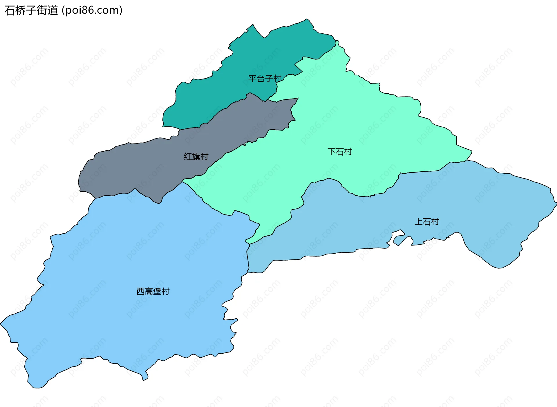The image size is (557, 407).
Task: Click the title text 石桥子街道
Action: [31, 10]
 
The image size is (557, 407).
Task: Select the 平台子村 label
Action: [265, 78]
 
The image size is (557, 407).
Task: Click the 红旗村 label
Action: [196, 157]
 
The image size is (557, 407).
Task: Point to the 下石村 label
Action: [340, 152]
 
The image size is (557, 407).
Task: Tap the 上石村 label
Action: [427, 222]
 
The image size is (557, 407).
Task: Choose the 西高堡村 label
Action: [153, 291]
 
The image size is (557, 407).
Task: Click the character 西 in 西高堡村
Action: [141, 291]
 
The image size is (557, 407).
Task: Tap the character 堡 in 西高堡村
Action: [157, 291]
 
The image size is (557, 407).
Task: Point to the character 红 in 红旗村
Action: [188, 157]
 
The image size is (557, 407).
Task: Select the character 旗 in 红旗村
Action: [196, 157]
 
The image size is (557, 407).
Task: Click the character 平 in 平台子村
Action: [252, 78]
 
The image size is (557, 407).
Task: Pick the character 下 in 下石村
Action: [332, 152]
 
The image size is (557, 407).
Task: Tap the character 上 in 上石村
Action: [419, 222]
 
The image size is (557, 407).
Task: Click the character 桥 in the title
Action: [21, 10]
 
